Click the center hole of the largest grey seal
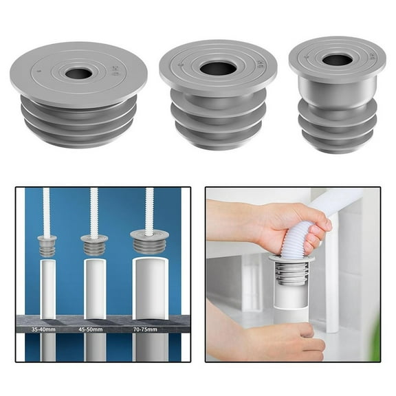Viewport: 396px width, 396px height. (x=78, y=73)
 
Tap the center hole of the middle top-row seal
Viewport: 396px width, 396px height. (x=218, y=68)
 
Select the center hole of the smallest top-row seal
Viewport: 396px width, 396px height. (x=337, y=60)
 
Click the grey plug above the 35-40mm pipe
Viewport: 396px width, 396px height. (x=47, y=245)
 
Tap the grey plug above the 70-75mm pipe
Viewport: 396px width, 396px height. (x=149, y=241)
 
